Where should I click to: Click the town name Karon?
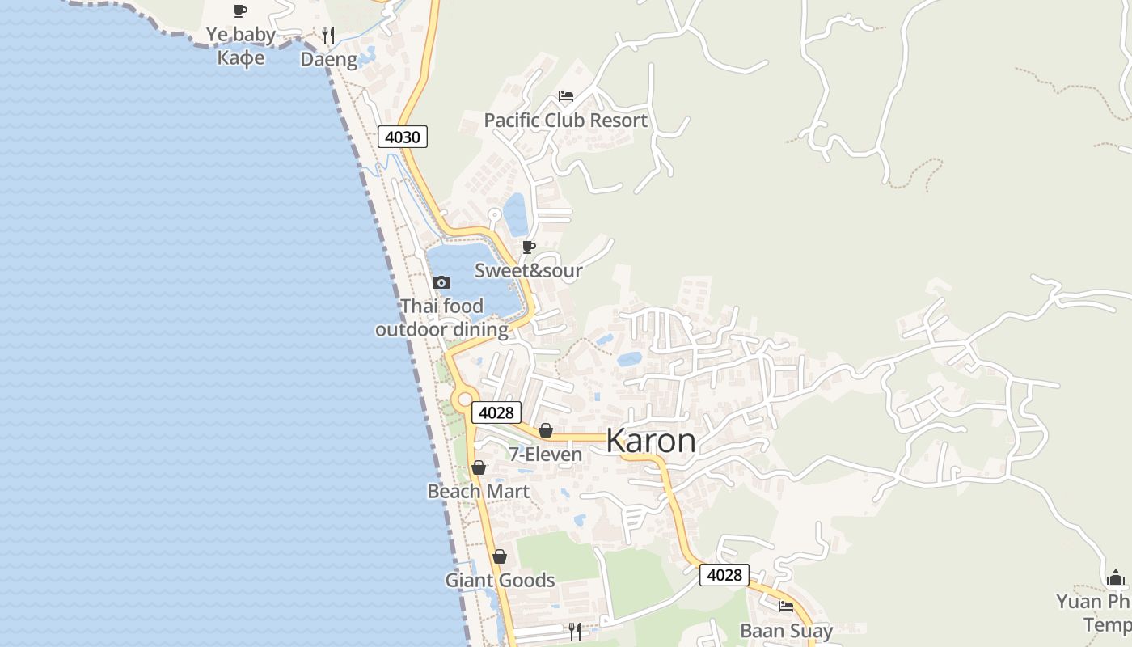point(650,441)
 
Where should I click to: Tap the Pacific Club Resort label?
point(565,121)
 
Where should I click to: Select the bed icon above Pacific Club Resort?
point(566,96)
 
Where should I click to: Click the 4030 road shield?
point(402,137)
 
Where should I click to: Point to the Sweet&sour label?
point(528,270)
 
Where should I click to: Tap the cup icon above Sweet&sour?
point(529,247)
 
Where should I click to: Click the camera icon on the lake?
point(441,282)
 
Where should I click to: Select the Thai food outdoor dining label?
point(441,318)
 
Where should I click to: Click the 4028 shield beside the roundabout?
point(496,412)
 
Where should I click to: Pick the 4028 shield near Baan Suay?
point(724,575)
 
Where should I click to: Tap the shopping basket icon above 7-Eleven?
point(546,430)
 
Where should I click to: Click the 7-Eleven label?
point(545,455)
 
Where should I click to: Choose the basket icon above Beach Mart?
point(479,467)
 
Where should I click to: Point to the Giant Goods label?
point(500,580)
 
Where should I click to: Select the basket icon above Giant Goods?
point(500,556)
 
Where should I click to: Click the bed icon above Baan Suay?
point(786,607)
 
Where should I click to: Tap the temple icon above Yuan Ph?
point(1116,577)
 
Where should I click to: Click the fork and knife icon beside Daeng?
point(328,36)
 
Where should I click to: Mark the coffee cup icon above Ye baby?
point(240,11)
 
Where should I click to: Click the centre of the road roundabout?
point(464,398)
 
